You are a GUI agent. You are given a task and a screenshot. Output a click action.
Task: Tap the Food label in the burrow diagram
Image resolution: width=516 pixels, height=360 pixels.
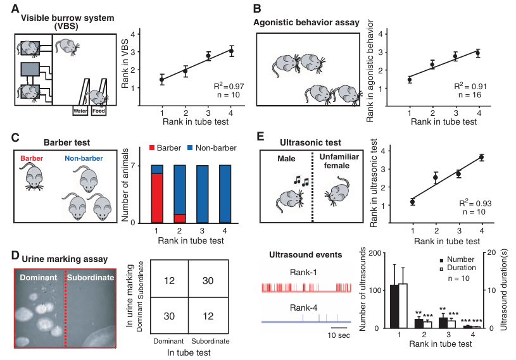[x=98, y=111]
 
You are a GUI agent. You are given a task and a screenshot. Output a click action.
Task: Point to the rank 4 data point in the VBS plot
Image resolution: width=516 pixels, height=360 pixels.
[x=232, y=51]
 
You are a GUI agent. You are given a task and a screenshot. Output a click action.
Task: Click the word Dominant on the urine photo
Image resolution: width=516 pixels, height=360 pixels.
[x=37, y=278]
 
